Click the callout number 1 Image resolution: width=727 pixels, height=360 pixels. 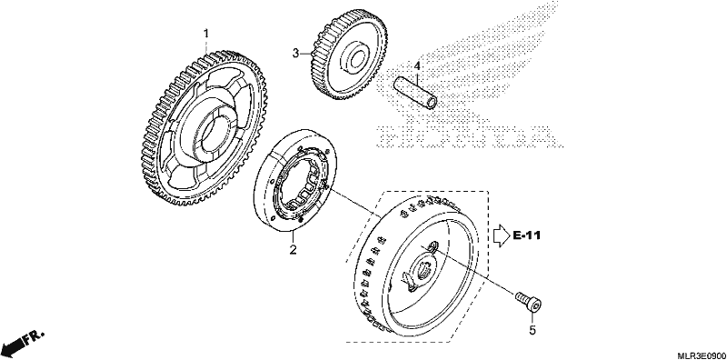coord(207,34)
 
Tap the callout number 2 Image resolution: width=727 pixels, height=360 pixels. coord(293,250)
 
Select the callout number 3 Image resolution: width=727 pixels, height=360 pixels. coord(296,53)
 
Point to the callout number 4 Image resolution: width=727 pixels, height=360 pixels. coord(417,66)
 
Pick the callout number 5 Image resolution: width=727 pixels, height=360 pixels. coord(533,330)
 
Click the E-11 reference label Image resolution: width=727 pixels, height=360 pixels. coord(527,235)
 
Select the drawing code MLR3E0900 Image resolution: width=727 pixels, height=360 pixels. coord(702,355)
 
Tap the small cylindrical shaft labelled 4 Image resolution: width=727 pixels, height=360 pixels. coord(415,94)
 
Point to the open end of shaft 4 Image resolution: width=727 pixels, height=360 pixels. coord(431,103)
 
